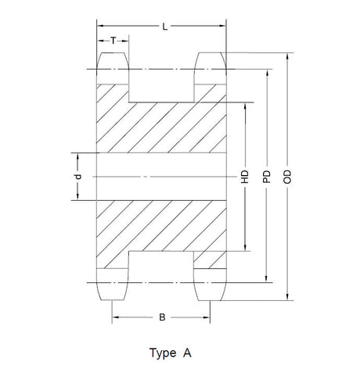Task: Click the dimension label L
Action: click(165, 27)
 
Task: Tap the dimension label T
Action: click(113, 41)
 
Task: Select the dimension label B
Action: click(162, 317)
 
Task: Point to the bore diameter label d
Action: click(78, 177)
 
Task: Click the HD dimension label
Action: click(245, 177)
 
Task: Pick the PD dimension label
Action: click(266, 177)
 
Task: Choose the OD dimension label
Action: click(287, 177)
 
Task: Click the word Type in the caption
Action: click(163, 353)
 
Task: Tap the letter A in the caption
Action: click(187, 353)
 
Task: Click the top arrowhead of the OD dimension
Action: click(287, 56)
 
